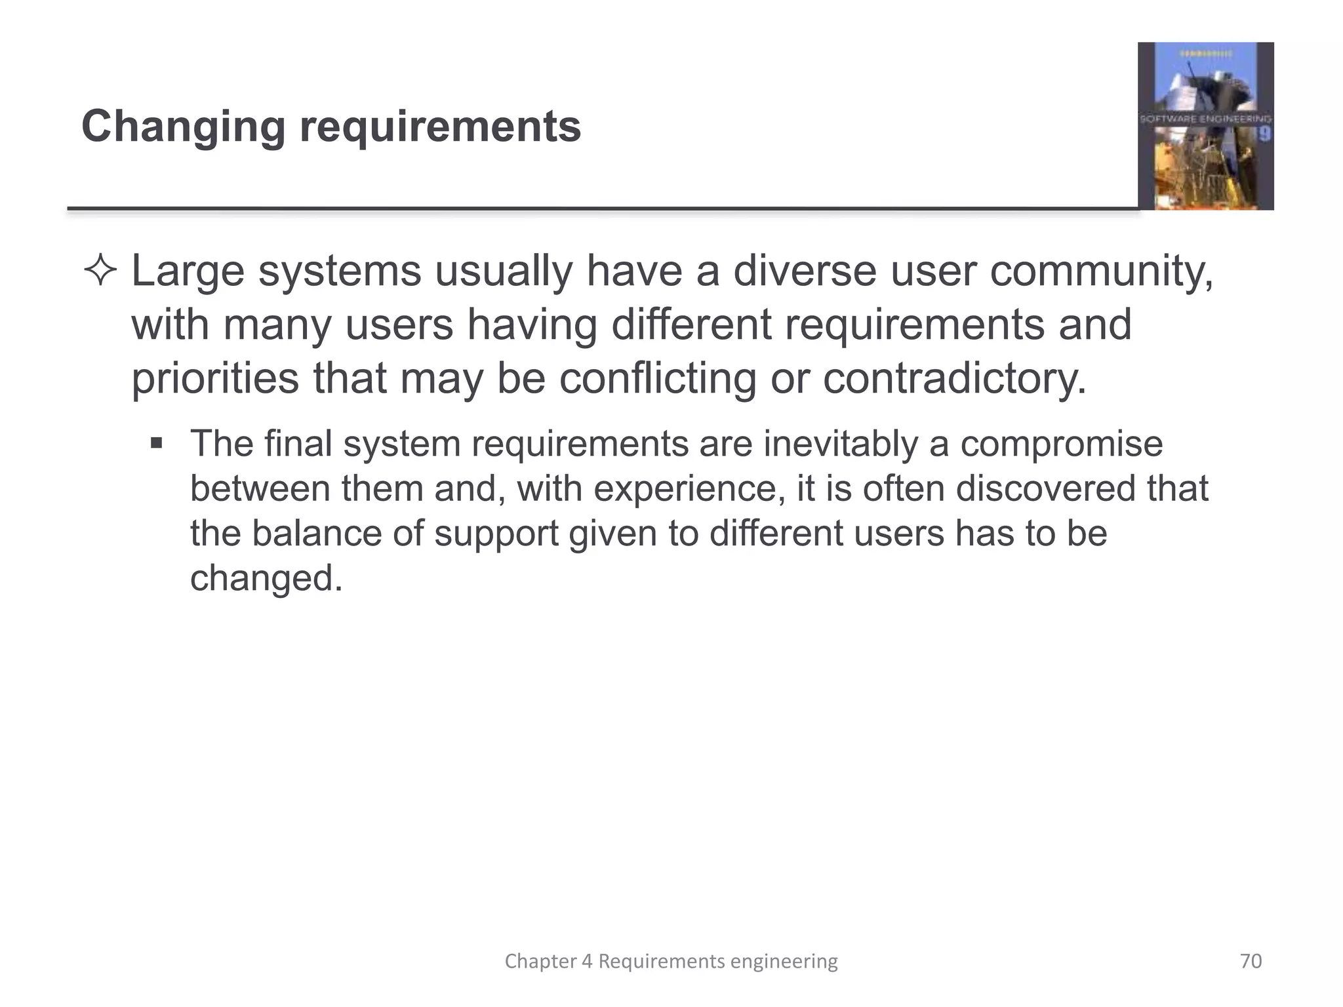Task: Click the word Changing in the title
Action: pyautogui.click(x=183, y=127)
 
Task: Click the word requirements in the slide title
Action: pyautogui.click(x=440, y=127)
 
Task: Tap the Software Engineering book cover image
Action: pyautogui.click(x=1205, y=126)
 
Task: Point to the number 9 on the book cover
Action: pyautogui.click(x=1264, y=134)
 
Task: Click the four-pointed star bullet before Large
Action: pyautogui.click(x=100, y=271)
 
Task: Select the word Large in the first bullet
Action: pyautogui.click(x=188, y=271)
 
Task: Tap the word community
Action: pyautogui.click(x=1101, y=271)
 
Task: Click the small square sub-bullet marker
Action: pyautogui.click(x=156, y=443)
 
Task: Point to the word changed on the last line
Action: pyautogui.click(x=266, y=578)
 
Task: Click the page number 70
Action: pyautogui.click(x=1251, y=961)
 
